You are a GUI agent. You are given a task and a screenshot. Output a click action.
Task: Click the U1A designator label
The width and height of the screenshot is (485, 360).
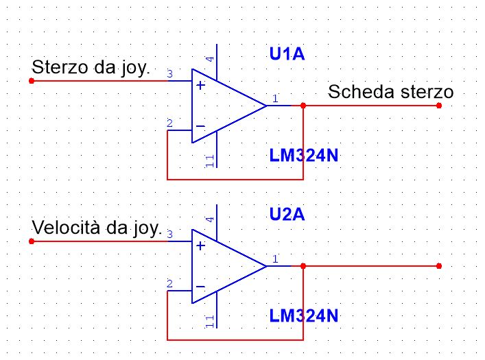(287, 53)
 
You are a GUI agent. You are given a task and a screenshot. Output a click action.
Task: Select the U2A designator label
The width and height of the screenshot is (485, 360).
(287, 214)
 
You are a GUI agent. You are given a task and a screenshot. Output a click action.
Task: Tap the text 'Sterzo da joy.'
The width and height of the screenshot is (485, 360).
(91, 68)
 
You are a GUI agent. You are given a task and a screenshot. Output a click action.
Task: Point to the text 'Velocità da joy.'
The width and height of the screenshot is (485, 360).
(97, 228)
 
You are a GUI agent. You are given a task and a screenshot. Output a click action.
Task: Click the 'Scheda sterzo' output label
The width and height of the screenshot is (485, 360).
(390, 92)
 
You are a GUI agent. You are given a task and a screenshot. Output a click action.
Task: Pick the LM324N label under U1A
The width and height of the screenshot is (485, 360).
(304, 155)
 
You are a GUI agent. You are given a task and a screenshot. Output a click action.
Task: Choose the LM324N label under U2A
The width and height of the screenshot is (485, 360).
(304, 316)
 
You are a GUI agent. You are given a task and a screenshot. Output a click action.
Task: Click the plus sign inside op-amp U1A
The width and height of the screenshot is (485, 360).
(201, 85)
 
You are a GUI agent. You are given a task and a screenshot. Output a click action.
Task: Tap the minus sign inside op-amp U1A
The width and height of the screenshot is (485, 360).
(200, 126)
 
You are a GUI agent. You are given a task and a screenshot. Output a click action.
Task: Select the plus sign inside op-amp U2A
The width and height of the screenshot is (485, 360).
(201, 246)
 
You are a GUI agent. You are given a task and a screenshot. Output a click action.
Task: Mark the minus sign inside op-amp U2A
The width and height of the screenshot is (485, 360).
(200, 287)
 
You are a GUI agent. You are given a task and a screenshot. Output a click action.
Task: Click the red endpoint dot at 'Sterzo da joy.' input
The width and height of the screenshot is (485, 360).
(32, 81)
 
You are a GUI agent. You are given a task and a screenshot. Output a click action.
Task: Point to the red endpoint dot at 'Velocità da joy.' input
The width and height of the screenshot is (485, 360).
(32, 241)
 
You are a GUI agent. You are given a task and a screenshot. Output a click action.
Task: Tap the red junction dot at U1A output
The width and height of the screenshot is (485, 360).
(303, 106)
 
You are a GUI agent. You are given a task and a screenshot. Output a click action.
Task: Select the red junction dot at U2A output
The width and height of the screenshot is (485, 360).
(303, 266)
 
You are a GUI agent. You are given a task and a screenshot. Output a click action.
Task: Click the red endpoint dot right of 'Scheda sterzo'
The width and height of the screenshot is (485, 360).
(439, 106)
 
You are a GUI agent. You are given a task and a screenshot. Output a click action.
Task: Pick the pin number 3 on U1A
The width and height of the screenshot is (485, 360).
(170, 73)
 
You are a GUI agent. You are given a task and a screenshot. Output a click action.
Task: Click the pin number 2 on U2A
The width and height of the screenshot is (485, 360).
(170, 283)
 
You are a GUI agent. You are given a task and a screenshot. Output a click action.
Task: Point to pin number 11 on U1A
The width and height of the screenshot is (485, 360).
(210, 161)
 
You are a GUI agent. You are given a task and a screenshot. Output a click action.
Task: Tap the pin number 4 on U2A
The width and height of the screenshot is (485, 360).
(210, 219)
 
